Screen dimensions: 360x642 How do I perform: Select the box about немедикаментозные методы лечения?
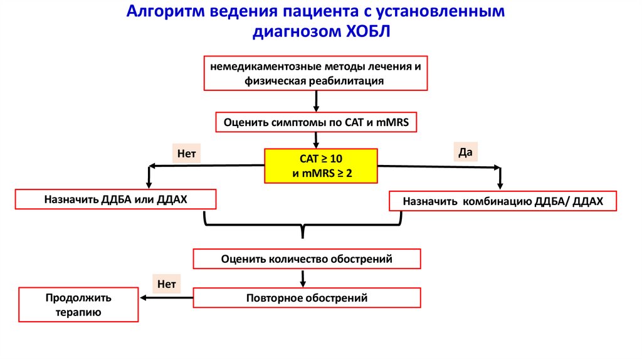tap(315, 73)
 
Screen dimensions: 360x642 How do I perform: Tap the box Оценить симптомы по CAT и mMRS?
tap(316, 122)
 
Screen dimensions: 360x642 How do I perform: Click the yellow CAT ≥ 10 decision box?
tap(322, 166)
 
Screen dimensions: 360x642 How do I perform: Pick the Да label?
tap(465, 152)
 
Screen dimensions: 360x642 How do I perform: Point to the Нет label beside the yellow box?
tap(187, 153)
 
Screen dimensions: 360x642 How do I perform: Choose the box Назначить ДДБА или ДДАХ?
tap(116, 199)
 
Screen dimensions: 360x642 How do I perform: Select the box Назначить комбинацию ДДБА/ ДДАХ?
tap(503, 201)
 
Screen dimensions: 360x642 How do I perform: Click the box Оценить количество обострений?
tap(307, 258)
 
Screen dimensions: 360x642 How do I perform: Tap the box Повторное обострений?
tap(307, 298)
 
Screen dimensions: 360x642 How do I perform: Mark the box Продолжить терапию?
tap(78, 304)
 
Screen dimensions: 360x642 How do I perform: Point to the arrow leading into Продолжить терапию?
tap(166, 298)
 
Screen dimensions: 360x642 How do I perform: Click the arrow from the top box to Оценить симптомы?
tap(316, 101)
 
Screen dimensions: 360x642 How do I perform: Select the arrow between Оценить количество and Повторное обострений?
tap(304, 278)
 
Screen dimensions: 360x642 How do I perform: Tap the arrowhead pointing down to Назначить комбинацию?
tap(500, 184)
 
